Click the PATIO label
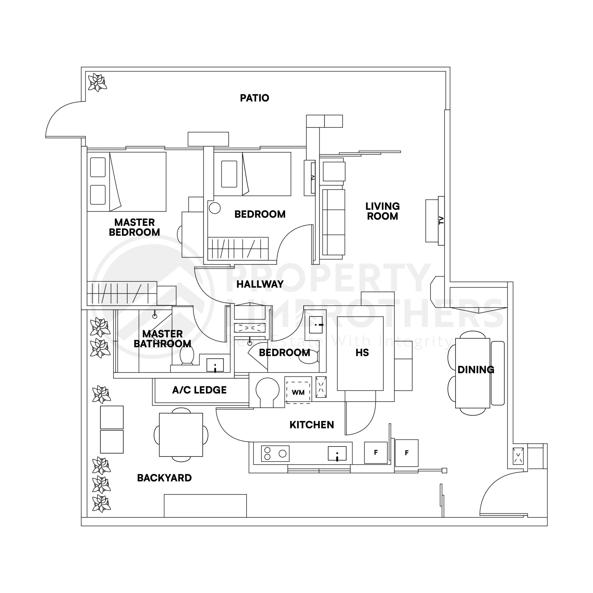pyautogui.click(x=254, y=98)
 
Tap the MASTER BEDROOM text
pyautogui.click(x=134, y=227)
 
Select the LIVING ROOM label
pyautogui.click(x=382, y=211)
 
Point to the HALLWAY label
pyautogui.click(x=260, y=284)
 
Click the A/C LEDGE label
pyautogui.click(x=199, y=390)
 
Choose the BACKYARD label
pyautogui.click(x=164, y=478)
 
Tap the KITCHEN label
pyautogui.click(x=312, y=425)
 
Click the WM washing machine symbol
pyautogui.click(x=298, y=392)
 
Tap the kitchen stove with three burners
pyautogui.click(x=275, y=453)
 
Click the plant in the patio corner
pyautogui.click(x=97, y=82)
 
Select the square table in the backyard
pyautogui.click(x=181, y=435)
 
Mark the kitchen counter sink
pyautogui.click(x=337, y=453)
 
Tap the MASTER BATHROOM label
pyautogui.click(x=162, y=339)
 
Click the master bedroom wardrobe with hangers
pyautogui.click(x=122, y=293)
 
